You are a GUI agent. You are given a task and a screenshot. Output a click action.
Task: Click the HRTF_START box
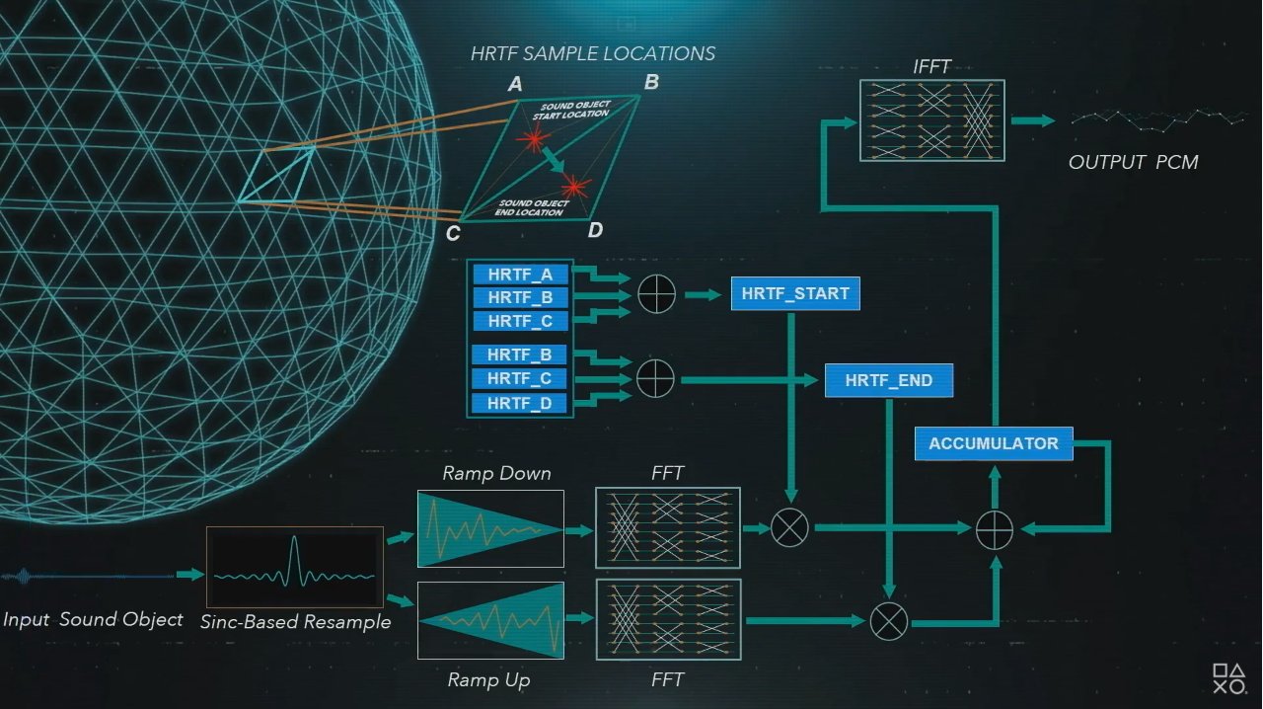[795, 293]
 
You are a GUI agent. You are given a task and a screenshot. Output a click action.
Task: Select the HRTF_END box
[889, 380]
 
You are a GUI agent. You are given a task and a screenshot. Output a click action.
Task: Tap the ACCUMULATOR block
[994, 443]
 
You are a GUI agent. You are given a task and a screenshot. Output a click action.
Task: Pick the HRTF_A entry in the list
[520, 275]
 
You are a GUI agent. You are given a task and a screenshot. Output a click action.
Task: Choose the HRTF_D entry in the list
[519, 403]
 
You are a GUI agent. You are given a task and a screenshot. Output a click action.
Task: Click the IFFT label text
[931, 66]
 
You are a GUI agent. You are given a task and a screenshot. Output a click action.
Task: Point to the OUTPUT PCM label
[1134, 162]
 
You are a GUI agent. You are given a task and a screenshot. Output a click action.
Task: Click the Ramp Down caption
[496, 473]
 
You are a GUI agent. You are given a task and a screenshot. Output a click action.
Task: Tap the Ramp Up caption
[488, 679]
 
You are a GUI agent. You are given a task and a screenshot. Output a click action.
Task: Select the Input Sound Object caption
[93, 619]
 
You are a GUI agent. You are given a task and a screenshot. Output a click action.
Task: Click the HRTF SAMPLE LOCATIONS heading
[593, 53]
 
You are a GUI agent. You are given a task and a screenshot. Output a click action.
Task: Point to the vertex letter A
[515, 84]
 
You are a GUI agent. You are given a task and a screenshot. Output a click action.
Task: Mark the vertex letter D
[595, 230]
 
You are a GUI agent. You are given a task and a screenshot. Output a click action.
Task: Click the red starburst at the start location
[532, 138]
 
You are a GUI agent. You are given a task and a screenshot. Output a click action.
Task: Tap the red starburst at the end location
[574, 187]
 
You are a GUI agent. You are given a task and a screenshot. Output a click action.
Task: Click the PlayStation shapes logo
[1229, 678]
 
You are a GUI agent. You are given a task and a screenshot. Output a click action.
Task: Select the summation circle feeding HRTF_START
[656, 294]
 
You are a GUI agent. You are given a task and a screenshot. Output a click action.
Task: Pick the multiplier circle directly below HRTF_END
[889, 621]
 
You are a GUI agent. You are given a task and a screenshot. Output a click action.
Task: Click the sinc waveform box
[295, 567]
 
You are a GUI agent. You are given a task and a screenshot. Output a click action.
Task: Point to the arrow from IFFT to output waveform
[1033, 120]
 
